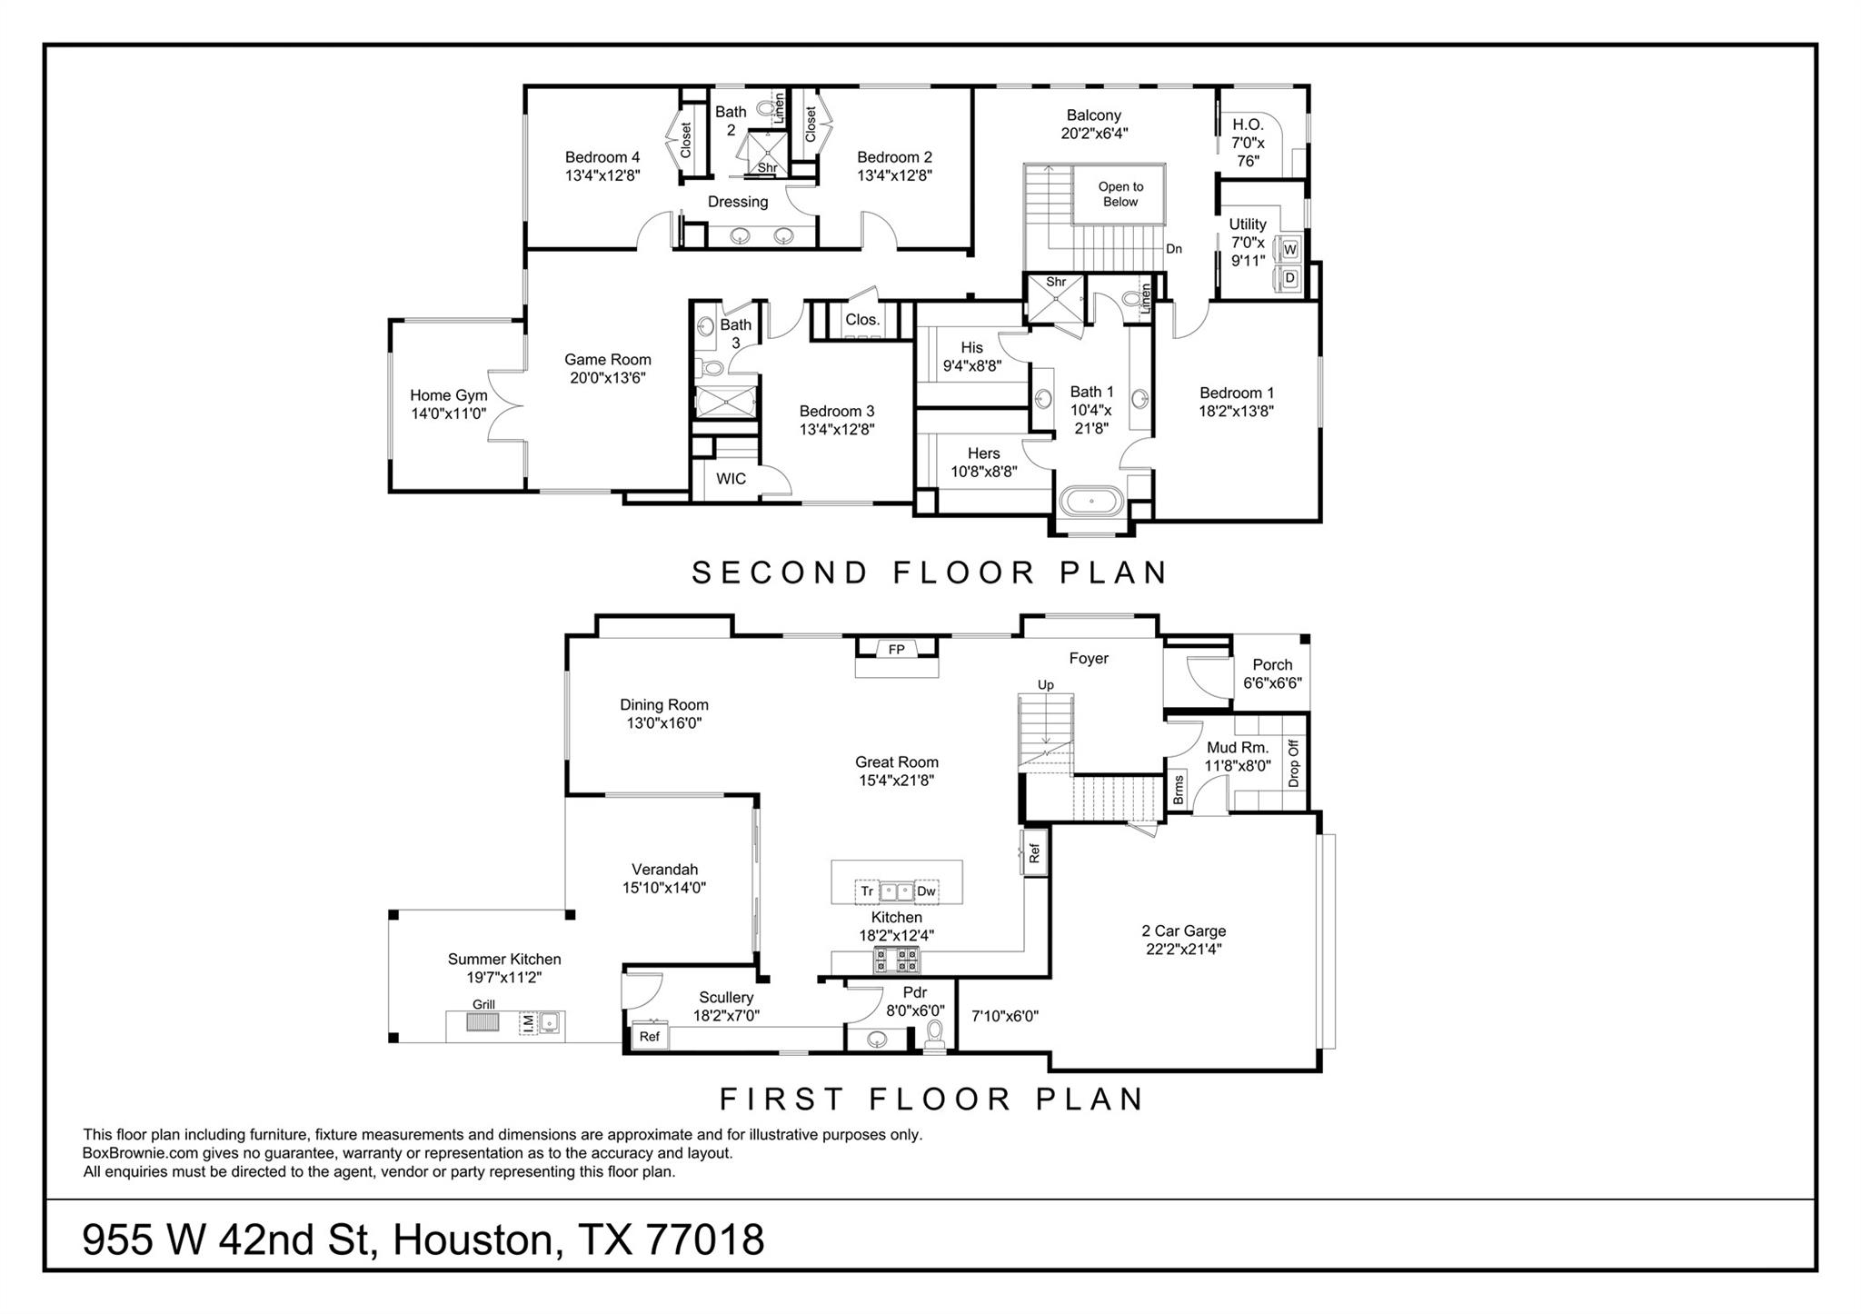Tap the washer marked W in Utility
(1289, 248)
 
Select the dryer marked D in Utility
(1289, 278)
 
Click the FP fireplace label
(896, 649)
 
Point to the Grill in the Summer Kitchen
(483, 1021)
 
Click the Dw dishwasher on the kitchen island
(925, 891)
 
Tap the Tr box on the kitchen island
(867, 891)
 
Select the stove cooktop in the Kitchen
(897, 959)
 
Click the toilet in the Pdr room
(934, 1034)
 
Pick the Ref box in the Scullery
(649, 1036)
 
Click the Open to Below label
(1120, 194)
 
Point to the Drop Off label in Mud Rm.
(1294, 762)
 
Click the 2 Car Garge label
(1183, 931)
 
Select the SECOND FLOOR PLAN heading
(930, 572)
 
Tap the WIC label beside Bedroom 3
(731, 478)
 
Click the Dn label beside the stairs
(1174, 249)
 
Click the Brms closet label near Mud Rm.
(1179, 789)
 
